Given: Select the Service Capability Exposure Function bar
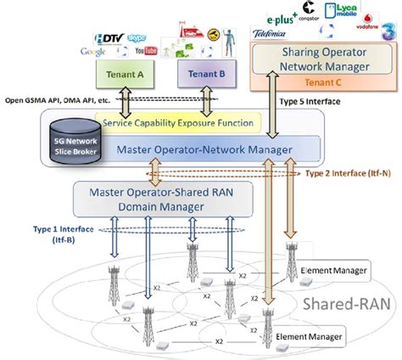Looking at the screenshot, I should [x=177, y=123].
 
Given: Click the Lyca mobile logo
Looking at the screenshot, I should [x=345, y=11].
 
